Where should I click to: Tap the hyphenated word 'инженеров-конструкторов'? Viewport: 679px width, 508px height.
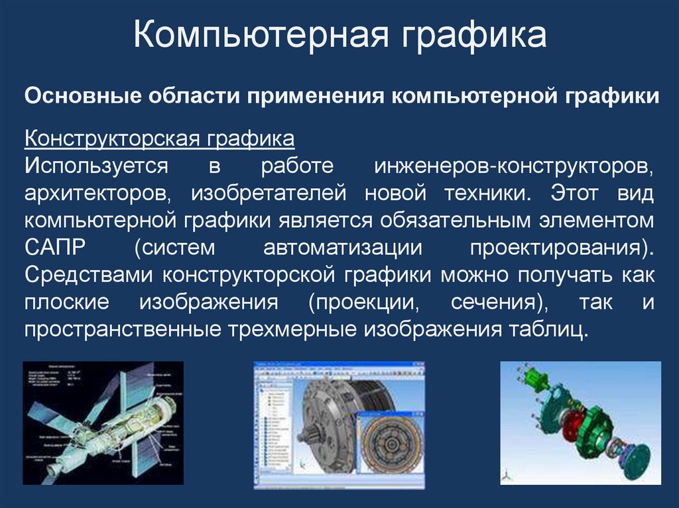pyautogui.click(x=514, y=166)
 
